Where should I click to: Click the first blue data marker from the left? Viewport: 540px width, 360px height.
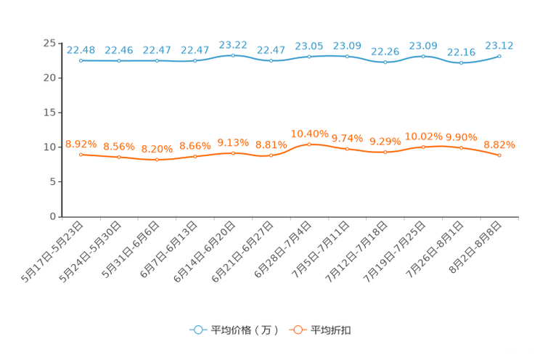[81, 61]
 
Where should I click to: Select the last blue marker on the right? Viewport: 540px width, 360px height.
[499, 56]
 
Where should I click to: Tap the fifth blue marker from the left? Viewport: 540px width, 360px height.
[233, 55]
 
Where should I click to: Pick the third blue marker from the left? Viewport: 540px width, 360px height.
[157, 61]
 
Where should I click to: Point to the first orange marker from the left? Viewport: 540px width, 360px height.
[81, 155]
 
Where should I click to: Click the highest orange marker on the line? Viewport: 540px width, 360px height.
[309, 144]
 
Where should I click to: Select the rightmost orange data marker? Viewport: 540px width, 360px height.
[499, 155]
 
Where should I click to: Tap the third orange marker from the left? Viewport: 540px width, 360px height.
[157, 160]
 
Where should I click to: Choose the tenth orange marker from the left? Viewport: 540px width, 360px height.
[423, 147]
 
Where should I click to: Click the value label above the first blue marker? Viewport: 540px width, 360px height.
[81, 49]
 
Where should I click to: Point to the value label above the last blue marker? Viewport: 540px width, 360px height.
[499, 45]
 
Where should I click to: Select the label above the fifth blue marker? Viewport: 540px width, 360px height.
[233, 44]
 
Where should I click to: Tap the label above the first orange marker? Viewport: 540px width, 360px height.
[81, 144]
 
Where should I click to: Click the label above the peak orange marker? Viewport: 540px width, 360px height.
[309, 134]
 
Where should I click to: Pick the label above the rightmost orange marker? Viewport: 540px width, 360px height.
[499, 144]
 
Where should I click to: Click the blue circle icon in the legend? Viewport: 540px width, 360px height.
[197, 330]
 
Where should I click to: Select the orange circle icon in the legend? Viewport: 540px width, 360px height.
[297, 330]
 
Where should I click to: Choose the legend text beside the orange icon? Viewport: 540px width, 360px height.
[332, 330]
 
